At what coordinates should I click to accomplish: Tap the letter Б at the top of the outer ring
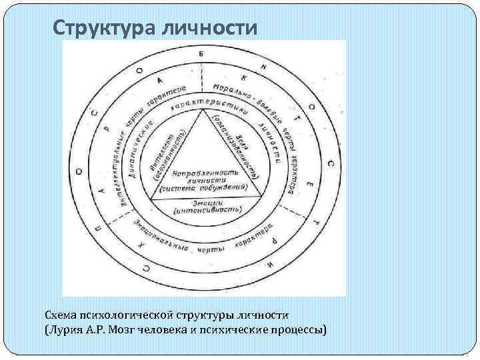click(x=201, y=53)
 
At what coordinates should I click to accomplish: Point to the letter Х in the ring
click(x=141, y=246)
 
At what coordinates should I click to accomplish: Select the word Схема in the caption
click(x=60, y=314)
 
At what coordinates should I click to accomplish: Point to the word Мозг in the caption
click(x=141, y=329)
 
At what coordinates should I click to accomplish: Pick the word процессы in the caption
click(x=295, y=329)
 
